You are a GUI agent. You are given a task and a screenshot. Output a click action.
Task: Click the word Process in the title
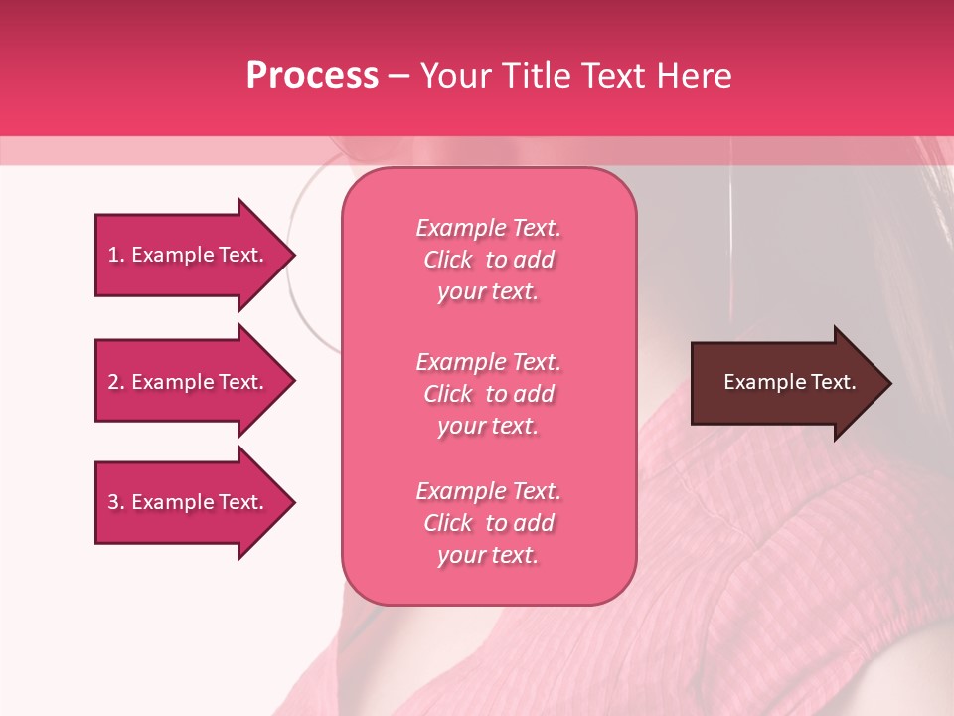click(312, 76)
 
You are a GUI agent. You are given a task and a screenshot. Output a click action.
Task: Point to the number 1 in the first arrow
click(113, 255)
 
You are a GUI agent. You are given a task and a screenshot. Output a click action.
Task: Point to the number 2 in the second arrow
click(113, 382)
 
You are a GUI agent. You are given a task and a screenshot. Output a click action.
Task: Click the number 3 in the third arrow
click(113, 502)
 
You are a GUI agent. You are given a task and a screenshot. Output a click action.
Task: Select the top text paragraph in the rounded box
click(489, 260)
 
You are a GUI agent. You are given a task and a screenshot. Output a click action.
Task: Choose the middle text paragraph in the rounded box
click(489, 394)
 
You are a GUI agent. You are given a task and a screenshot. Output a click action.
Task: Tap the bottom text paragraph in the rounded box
click(489, 523)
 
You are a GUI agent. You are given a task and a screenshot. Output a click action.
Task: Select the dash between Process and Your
click(398, 77)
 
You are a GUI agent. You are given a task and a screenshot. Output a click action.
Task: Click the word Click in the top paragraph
click(448, 260)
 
